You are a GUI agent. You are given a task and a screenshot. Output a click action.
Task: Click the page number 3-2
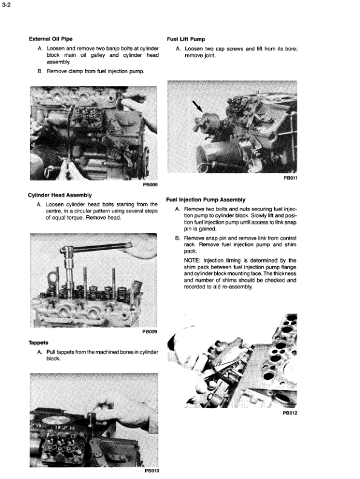click(x=6, y=5)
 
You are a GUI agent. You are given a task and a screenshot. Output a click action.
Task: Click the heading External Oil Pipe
click(x=51, y=39)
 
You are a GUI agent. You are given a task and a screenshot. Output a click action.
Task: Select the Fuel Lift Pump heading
click(x=186, y=39)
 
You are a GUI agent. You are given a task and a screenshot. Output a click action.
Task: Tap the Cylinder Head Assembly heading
click(x=60, y=195)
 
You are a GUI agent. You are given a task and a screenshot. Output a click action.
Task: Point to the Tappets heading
click(x=38, y=343)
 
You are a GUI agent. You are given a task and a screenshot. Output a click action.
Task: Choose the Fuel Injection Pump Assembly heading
click(x=206, y=200)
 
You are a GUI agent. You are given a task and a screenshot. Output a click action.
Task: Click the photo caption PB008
click(x=151, y=185)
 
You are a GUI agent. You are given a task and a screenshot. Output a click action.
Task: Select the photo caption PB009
click(x=149, y=332)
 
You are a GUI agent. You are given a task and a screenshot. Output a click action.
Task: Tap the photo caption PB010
click(x=152, y=471)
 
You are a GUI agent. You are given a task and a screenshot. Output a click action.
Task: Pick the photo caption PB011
click(x=290, y=178)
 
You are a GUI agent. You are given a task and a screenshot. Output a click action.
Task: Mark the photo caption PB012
click(x=290, y=413)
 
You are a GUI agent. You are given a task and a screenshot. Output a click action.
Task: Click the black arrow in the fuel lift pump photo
click(x=197, y=106)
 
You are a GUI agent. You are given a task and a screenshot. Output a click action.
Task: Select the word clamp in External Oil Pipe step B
click(x=76, y=71)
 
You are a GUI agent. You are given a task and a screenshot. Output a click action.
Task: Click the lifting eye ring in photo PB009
click(x=52, y=278)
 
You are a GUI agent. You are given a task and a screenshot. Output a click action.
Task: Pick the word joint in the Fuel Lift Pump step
click(x=209, y=56)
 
